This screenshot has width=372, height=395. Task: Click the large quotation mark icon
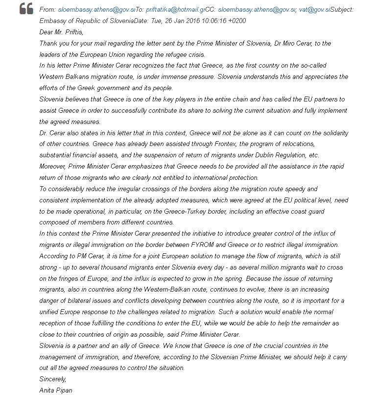pos(26,8)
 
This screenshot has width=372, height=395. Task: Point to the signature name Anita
pos(47,391)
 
